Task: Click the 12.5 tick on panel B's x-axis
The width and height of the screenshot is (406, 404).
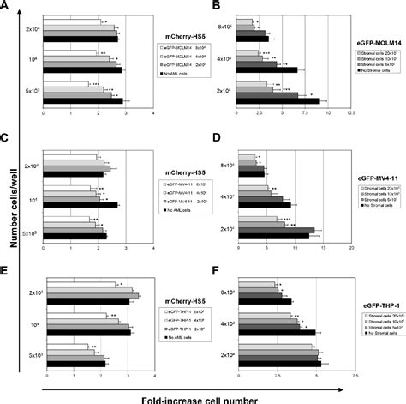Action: point(349,112)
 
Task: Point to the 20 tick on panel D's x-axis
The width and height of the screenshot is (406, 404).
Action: point(349,244)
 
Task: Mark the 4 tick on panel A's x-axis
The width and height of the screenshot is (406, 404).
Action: point(152,112)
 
